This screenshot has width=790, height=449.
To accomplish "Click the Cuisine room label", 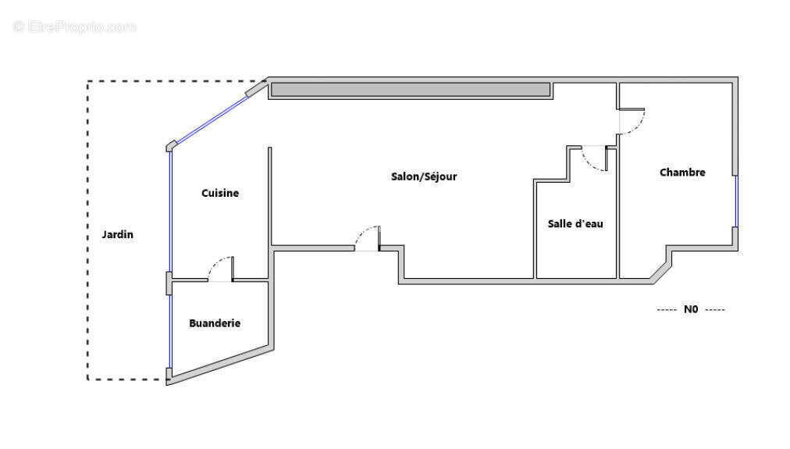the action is (220, 193).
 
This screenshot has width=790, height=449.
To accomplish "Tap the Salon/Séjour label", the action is (424, 176).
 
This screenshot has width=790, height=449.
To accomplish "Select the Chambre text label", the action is (682, 173).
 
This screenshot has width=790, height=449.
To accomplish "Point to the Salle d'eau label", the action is (575, 224).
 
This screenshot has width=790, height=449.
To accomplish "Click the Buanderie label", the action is (215, 323).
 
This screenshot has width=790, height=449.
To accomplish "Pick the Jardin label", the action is (117, 234).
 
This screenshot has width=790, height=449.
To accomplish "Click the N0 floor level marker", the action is (691, 309).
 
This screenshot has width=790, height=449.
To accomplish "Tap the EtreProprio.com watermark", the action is (75, 27).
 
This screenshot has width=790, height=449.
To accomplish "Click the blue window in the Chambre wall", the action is (736, 201).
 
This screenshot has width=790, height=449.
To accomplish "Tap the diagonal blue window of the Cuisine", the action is (212, 120).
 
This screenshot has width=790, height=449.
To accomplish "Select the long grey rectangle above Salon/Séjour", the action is (411, 90).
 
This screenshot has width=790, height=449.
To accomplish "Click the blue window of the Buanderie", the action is (170, 332).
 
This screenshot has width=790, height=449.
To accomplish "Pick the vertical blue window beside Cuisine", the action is (170, 212).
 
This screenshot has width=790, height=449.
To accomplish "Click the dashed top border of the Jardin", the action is (176, 81).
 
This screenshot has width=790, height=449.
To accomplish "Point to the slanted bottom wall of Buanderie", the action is (219, 365).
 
